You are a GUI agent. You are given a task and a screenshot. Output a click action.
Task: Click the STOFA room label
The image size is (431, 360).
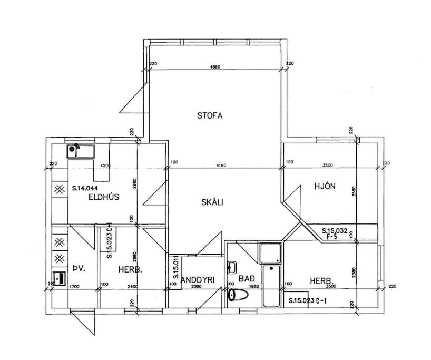click(x=210, y=115)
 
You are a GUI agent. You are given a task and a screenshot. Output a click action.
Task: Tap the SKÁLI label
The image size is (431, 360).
click(x=212, y=202)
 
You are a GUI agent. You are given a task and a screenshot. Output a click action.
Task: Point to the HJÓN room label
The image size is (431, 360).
click(x=325, y=186)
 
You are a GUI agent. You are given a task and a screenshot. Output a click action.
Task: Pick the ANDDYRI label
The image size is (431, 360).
click(x=197, y=280)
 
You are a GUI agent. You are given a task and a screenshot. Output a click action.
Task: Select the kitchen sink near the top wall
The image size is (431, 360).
click(x=80, y=152)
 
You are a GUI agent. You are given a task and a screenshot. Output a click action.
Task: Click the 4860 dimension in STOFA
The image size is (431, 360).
click(x=215, y=67)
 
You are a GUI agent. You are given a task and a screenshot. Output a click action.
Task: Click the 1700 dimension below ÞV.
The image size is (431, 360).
click(x=74, y=286)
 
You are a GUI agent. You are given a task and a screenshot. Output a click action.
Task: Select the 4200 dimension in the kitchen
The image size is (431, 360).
click(x=105, y=166)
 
